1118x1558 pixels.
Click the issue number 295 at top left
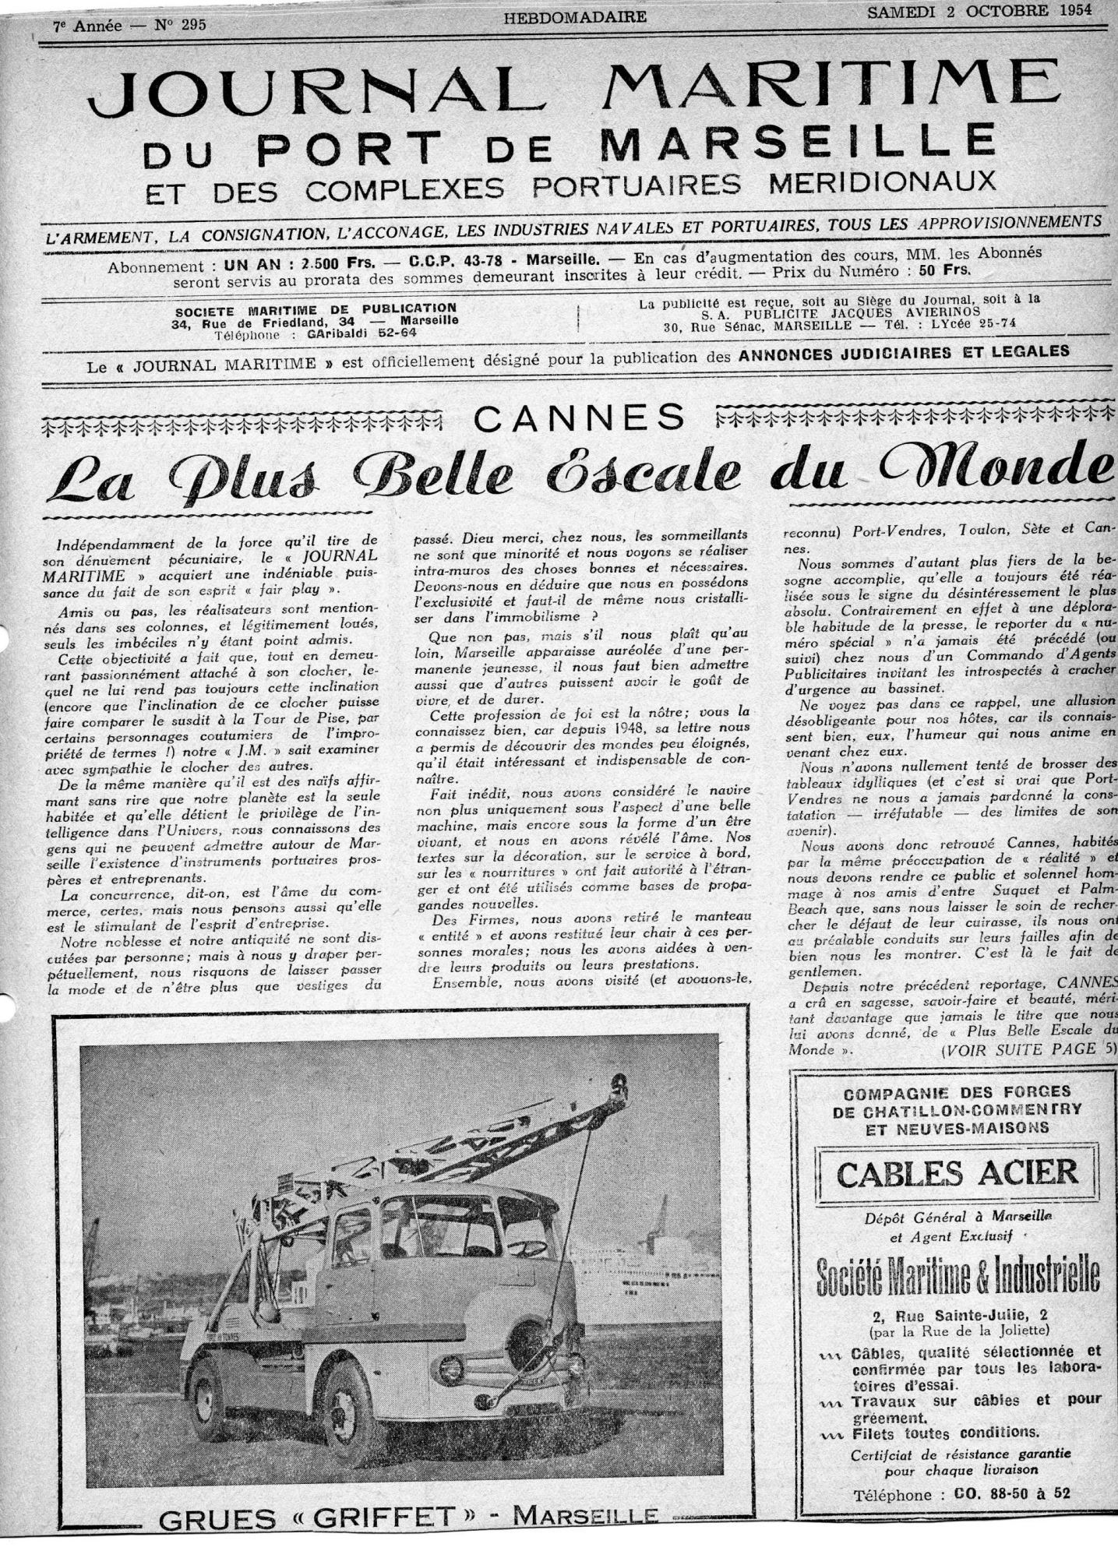coord(190,26)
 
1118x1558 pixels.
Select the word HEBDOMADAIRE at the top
coord(575,16)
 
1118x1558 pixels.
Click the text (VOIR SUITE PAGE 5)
coord(1028,1050)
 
